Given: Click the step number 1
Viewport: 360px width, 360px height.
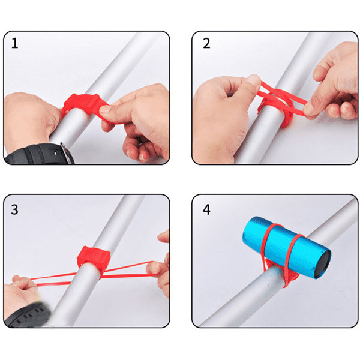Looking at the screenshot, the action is pyautogui.click(x=14, y=43).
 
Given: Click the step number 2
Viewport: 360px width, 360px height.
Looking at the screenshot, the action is pyautogui.click(x=206, y=43).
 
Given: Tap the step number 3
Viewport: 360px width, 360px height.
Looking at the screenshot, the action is pyautogui.click(x=14, y=209).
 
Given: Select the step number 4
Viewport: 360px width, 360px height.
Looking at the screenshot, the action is pyautogui.click(x=206, y=209).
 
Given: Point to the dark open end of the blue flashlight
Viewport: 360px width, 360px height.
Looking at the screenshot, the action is pyautogui.click(x=323, y=264).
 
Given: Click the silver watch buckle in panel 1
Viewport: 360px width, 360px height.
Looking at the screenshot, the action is pyautogui.click(x=67, y=152).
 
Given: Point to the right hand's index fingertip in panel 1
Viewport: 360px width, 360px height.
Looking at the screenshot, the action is pyautogui.click(x=103, y=110).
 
